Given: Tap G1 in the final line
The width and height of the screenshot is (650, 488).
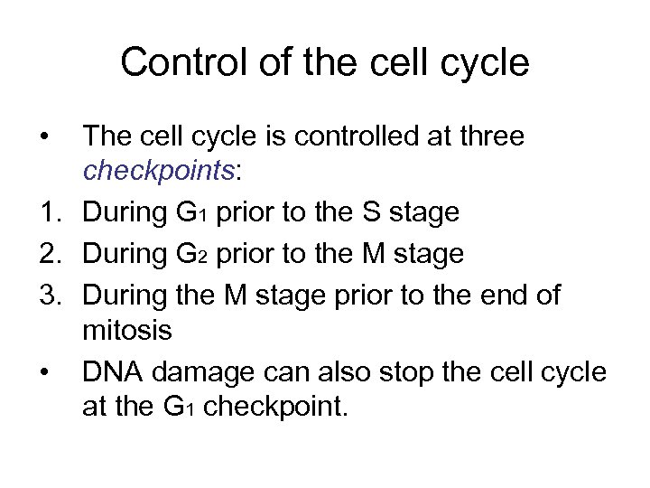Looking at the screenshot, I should [x=181, y=409].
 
